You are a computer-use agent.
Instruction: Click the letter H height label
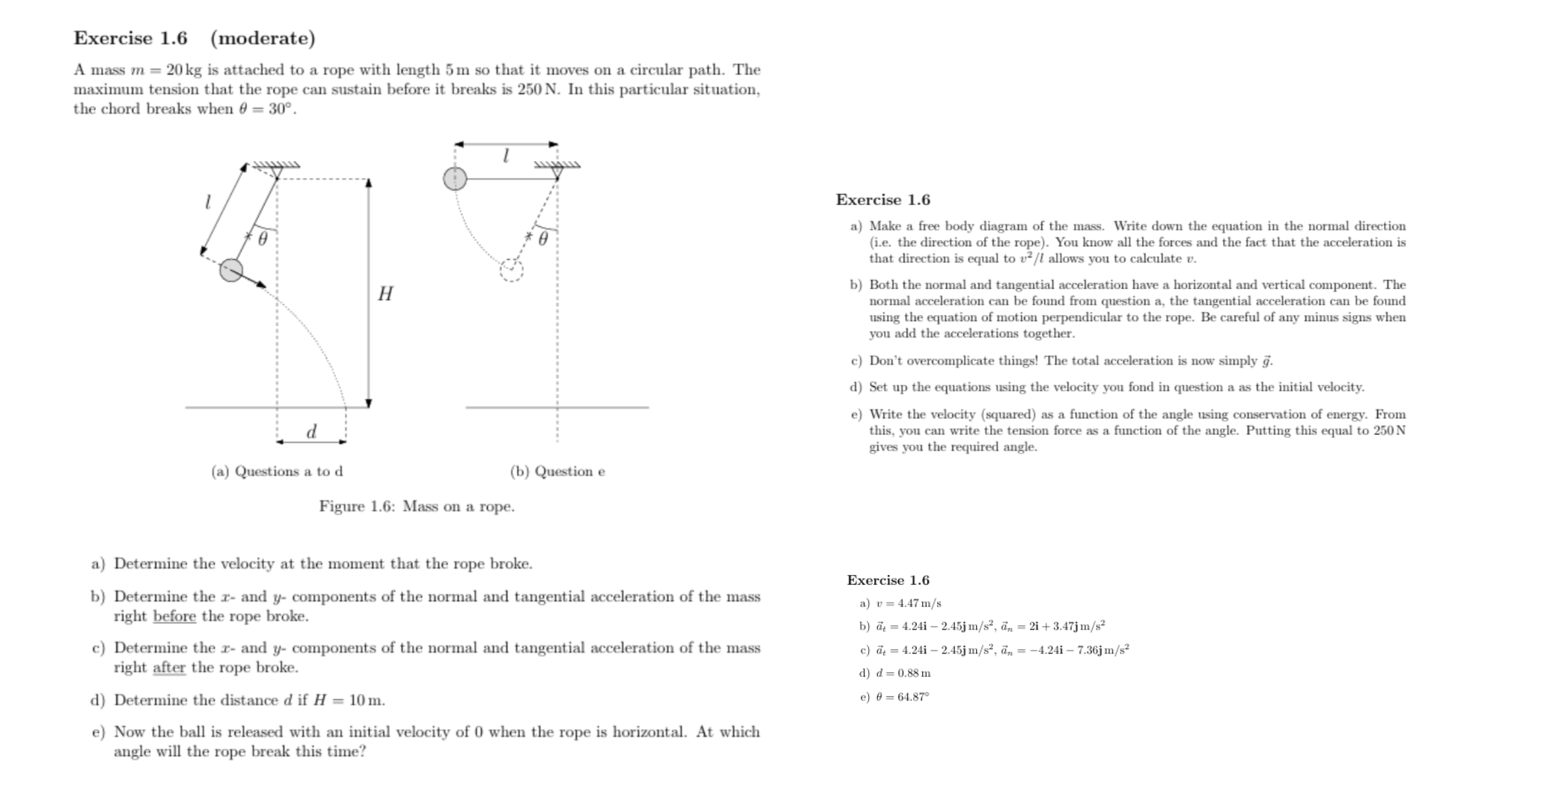coord(385,293)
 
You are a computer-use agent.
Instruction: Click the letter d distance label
coord(311,431)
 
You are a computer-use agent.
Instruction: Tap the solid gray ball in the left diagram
coord(231,270)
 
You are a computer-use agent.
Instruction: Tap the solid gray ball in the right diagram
coord(455,179)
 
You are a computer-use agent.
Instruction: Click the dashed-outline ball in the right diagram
coord(511,269)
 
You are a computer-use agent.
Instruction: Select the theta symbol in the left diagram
coord(263,240)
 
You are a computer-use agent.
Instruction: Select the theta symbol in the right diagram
coord(543,238)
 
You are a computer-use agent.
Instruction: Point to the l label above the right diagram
coord(506,156)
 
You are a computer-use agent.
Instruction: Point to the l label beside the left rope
coord(207,201)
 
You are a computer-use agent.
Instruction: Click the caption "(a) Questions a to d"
coord(277,471)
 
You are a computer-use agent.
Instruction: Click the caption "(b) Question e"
coord(558,471)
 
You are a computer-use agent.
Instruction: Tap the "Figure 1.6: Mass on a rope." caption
coord(417,506)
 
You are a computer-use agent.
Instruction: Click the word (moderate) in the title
coord(263,38)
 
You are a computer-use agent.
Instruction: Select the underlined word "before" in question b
coord(174,616)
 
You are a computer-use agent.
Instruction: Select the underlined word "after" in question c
coord(169,667)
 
